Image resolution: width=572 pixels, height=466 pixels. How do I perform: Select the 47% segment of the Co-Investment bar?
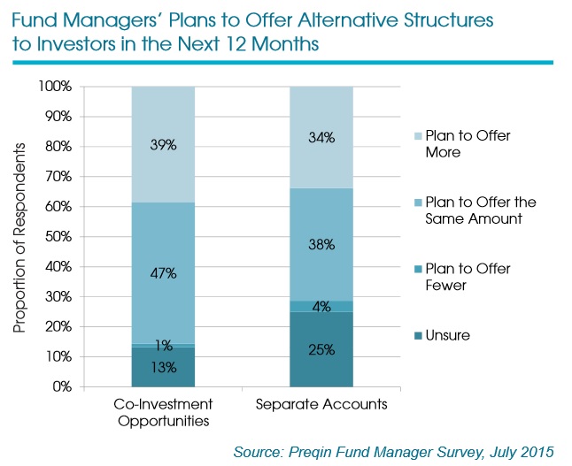click(x=164, y=273)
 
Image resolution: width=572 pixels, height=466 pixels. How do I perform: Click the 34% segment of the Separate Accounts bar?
click(x=322, y=137)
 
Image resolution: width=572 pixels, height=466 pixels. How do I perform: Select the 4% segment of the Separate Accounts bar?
click(x=322, y=306)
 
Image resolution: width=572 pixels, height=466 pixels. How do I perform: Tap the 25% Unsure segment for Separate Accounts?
click(x=322, y=349)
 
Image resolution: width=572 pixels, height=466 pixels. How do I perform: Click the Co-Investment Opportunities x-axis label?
click(x=164, y=412)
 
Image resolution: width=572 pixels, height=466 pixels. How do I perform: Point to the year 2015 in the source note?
click(x=537, y=452)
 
